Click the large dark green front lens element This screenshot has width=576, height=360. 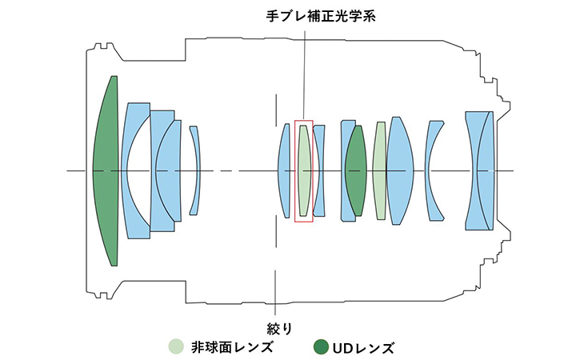click(105, 170)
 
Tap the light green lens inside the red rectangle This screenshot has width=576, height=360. click(304, 170)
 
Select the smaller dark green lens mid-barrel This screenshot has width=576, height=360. click(356, 170)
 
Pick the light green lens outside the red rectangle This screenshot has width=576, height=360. click(380, 170)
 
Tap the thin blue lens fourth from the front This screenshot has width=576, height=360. click(195, 170)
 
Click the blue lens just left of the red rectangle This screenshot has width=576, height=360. click(284, 170)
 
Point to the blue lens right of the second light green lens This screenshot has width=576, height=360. click(399, 170)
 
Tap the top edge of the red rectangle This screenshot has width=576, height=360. click(304, 122)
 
